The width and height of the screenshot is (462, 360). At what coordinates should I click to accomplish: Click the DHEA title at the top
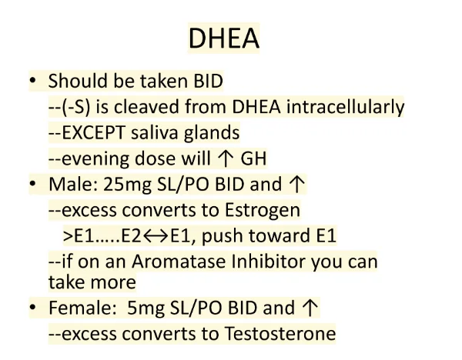(x=223, y=38)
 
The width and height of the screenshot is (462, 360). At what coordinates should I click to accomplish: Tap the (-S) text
(x=76, y=107)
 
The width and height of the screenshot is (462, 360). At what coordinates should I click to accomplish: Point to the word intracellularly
(x=345, y=107)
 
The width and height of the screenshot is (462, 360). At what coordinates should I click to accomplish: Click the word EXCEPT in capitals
(x=93, y=133)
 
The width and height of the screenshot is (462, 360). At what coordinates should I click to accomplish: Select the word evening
(x=95, y=159)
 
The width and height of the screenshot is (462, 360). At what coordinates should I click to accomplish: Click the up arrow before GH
(x=225, y=159)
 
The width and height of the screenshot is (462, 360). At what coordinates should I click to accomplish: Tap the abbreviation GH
(x=253, y=158)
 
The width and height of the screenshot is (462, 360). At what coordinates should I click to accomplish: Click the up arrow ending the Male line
(x=297, y=185)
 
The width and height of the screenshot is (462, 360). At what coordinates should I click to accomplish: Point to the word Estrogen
(x=263, y=211)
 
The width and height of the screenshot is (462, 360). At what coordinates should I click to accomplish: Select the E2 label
(x=132, y=236)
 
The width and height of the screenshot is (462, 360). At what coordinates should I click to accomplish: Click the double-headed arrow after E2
(x=156, y=236)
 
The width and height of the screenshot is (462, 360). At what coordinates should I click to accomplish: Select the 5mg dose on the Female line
(x=146, y=308)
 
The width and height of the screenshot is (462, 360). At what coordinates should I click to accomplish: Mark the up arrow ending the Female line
(x=310, y=308)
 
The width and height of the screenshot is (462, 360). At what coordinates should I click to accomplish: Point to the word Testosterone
(x=280, y=334)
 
